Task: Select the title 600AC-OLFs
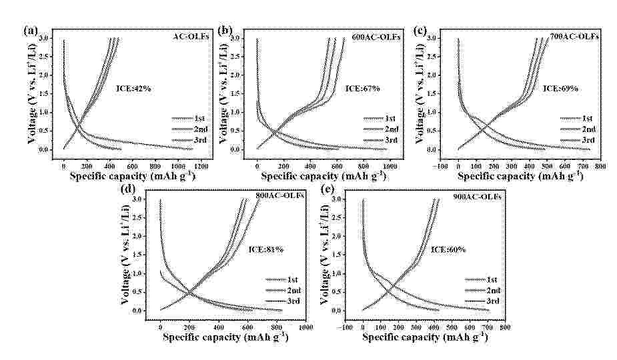coord(376,37)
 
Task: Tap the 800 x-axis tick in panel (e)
coord(505,327)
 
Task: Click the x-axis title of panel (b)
coord(323,176)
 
